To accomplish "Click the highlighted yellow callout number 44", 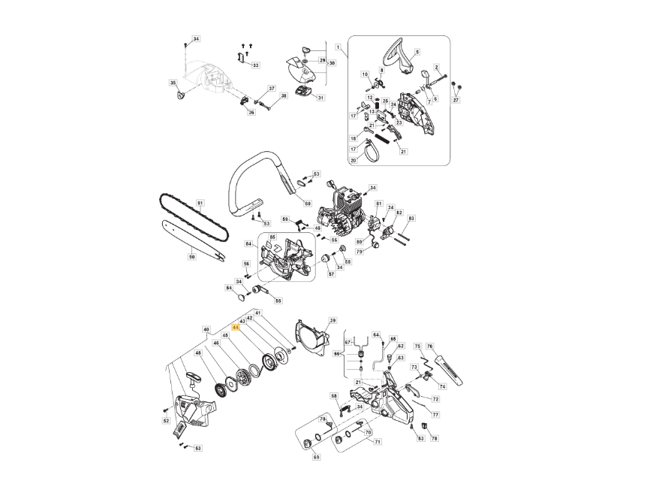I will pos(236,328).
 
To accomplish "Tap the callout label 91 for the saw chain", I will pos(200,203).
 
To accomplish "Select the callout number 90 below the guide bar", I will pos(191,257).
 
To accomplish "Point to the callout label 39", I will pos(333,320).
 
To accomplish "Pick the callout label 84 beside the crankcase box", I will pos(248,243).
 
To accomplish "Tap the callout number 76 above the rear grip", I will pos(430,346).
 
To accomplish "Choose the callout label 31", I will pos(320,98).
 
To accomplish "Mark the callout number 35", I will pos(173,82).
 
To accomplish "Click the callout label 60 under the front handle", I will pos(307,204).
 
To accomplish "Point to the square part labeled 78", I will pos(423,426).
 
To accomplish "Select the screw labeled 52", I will pos(166,410).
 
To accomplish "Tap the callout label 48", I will pos(198,352).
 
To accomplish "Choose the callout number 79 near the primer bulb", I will pos(359,252).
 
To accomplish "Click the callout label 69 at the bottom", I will pos(316,457).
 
